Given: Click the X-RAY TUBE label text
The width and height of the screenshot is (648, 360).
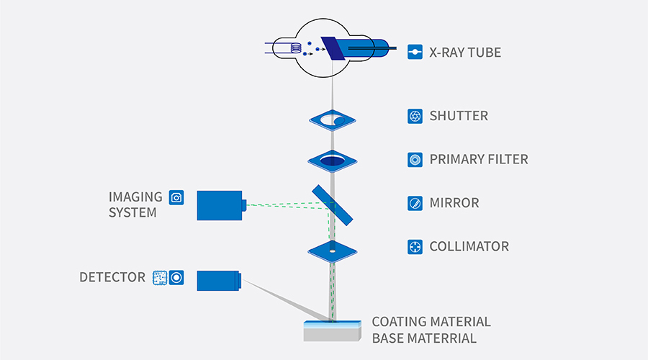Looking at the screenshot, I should [x=465, y=53].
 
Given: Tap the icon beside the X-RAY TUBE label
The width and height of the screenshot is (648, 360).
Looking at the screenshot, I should [x=415, y=53].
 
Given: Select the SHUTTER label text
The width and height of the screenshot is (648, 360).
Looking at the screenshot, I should [x=459, y=116].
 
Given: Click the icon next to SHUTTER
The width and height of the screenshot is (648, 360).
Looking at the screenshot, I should [x=415, y=116].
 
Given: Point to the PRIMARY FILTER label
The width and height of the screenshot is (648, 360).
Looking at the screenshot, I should [x=479, y=159].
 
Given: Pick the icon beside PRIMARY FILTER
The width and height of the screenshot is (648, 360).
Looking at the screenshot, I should [x=415, y=159].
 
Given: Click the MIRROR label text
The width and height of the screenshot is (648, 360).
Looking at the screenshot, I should [x=454, y=203].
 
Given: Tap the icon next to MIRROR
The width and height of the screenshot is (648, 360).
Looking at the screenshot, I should [x=415, y=203].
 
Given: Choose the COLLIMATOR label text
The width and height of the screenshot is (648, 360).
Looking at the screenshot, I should [x=469, y=246].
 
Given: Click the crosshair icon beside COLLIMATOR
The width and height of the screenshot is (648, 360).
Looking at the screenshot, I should [x=415, y=246].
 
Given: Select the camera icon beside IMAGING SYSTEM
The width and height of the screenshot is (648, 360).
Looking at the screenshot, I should [x=176, y=197].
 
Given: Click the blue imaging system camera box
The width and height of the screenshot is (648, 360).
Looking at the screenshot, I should [x=220, y=205].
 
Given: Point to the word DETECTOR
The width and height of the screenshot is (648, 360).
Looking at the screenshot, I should [x=112, y=277].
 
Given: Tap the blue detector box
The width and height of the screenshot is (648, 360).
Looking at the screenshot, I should [x=219, y=281].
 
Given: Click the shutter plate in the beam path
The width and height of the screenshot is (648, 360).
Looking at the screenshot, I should [x=333, y=118].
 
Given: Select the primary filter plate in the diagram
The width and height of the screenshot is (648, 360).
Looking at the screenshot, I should [x=333, y=160].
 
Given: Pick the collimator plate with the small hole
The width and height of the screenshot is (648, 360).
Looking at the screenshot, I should [x=333, y=250].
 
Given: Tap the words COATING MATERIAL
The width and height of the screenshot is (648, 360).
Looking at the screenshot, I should [x=431, y=322].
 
